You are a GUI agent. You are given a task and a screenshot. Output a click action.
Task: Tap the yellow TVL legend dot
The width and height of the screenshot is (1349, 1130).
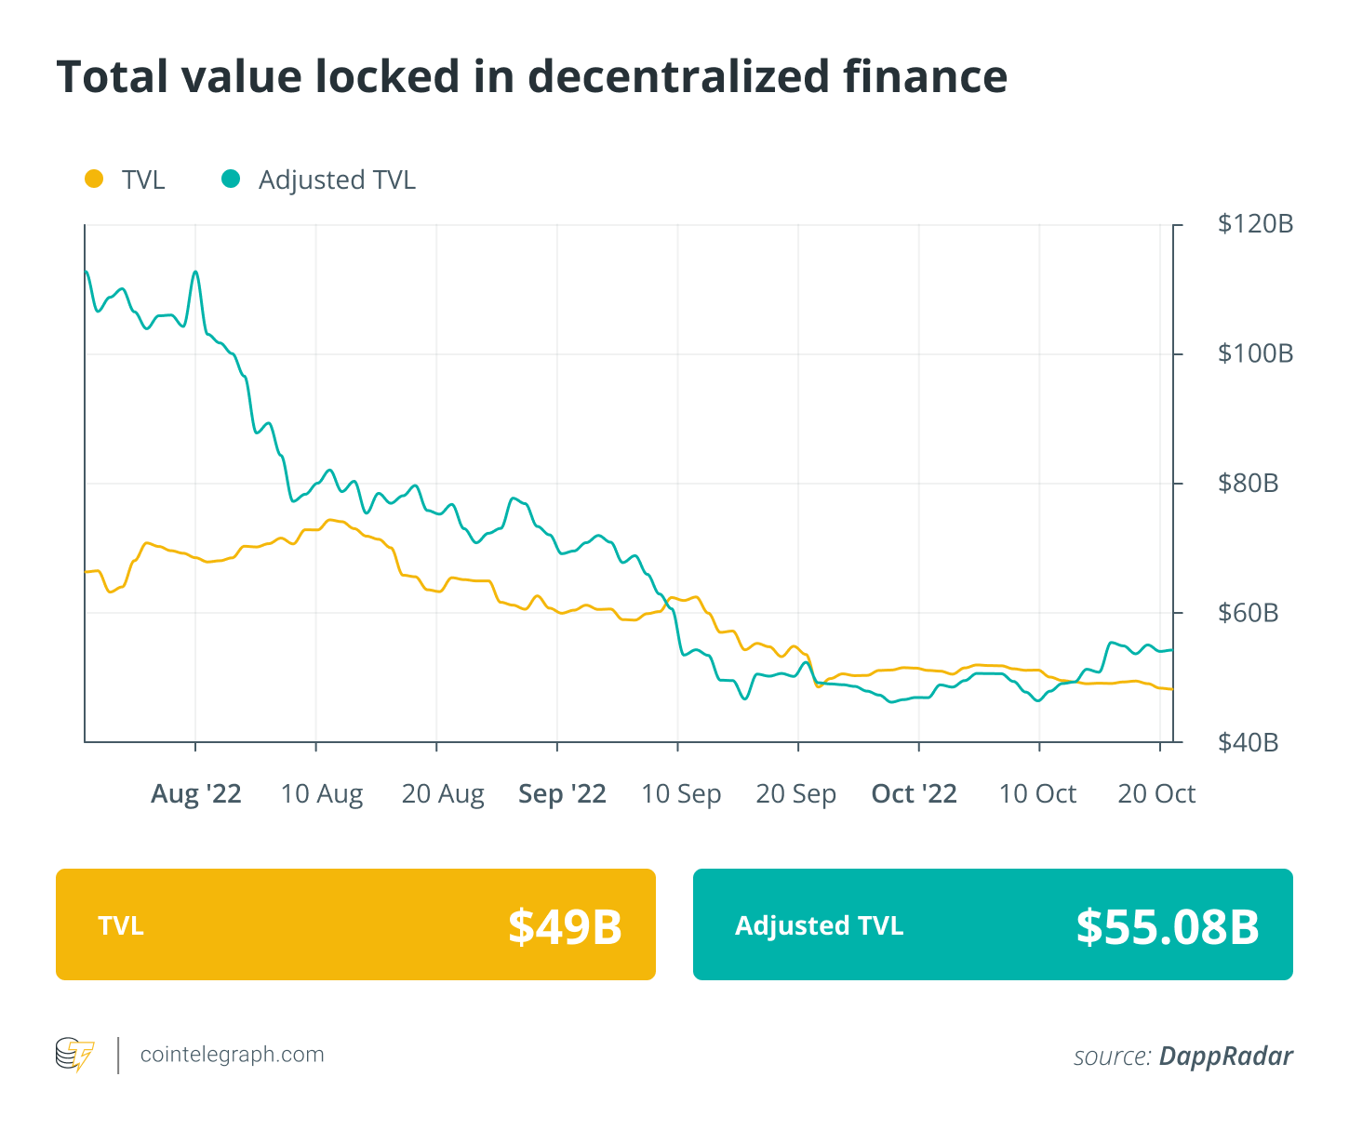94,179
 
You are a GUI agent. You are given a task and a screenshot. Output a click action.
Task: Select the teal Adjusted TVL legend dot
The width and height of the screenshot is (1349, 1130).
231,179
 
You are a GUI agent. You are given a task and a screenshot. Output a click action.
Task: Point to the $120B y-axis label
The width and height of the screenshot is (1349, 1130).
1255,224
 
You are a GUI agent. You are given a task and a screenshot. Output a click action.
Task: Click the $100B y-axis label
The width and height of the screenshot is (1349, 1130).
1255,353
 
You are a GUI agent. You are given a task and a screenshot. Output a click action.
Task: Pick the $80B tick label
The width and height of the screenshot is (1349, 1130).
1248,484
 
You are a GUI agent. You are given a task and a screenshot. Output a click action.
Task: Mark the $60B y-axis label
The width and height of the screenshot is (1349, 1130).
1248,613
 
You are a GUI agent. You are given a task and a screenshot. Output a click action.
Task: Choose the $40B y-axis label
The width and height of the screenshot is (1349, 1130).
1248,742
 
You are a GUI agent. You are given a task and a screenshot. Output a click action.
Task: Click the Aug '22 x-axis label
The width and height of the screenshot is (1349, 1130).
195,793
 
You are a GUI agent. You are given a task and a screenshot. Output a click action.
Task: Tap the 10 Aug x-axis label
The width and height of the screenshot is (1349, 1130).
322,793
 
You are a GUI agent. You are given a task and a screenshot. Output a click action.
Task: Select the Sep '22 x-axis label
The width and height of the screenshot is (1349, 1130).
562,793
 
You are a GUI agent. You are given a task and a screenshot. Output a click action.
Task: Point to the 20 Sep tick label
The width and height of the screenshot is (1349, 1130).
795,793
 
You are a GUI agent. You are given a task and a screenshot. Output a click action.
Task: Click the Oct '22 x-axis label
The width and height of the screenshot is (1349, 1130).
914,793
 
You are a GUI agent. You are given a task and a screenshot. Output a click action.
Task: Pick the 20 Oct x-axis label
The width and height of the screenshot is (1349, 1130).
1156,793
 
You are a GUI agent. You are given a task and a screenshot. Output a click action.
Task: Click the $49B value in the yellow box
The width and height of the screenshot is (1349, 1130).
565,926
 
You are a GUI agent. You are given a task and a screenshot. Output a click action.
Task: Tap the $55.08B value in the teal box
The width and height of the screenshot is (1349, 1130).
1168,926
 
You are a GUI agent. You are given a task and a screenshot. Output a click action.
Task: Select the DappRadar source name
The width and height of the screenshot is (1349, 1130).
1225,1057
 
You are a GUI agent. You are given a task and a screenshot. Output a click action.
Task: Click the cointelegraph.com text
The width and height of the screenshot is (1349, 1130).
232,1055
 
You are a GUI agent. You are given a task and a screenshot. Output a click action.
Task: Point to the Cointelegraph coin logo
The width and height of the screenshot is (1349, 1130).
74,1055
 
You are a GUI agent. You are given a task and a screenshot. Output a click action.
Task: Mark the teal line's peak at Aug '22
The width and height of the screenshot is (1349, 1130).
195,272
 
